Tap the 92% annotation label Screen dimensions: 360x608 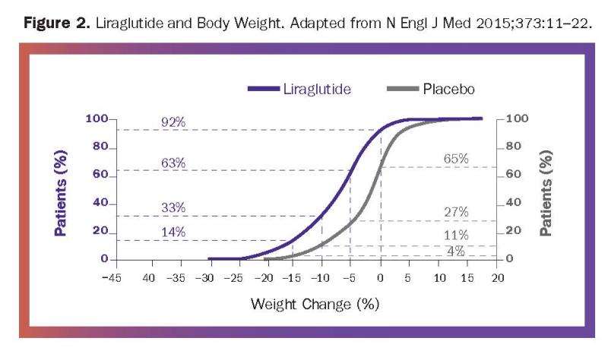(x=174, y=122)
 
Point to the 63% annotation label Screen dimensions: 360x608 (x=174, y=163)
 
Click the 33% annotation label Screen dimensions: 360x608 (x=174, y=207)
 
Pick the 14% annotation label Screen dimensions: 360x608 (x=174, y=232)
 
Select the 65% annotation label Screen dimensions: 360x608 (x=456, y=159)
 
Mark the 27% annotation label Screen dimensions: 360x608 (x=456, y=212)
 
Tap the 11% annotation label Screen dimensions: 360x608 (x=456, y=235)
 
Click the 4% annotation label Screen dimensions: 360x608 (x=456, y=251)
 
